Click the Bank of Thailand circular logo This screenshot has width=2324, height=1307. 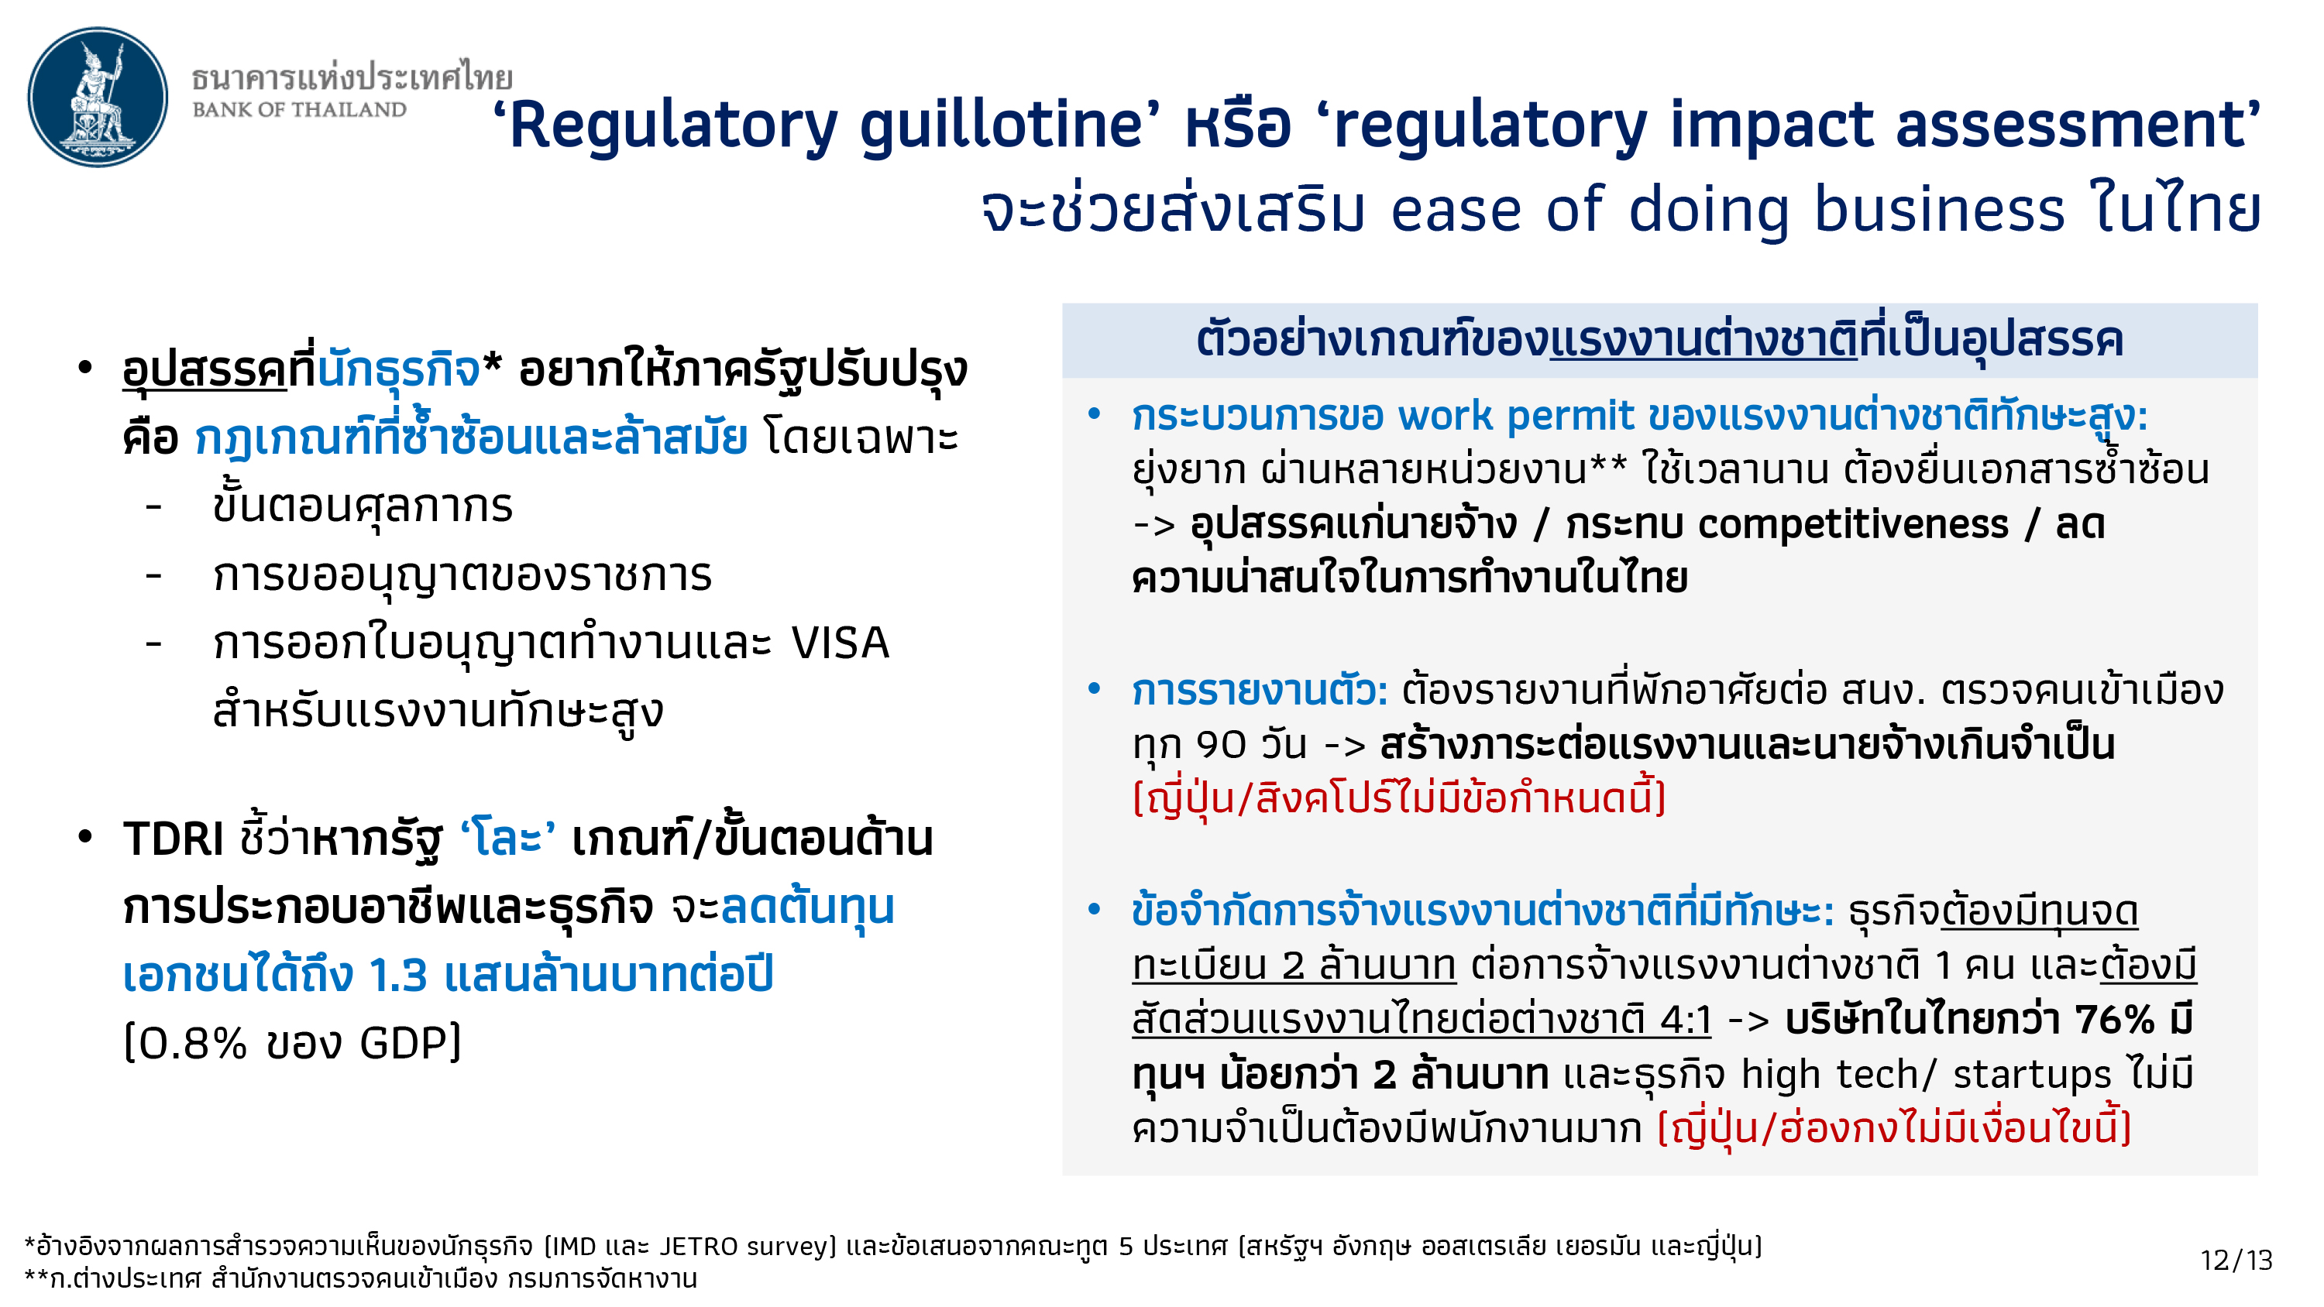pos(98,97)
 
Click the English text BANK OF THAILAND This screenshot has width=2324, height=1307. pos(300,110)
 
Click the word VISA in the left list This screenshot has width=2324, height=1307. pos(840,644)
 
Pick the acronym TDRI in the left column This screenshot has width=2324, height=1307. pos(174,839)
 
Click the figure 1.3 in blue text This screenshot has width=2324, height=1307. pos(398,975)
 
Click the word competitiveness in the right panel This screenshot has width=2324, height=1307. pos(1853,525)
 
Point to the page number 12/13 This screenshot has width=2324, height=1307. pos(2236,1260)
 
